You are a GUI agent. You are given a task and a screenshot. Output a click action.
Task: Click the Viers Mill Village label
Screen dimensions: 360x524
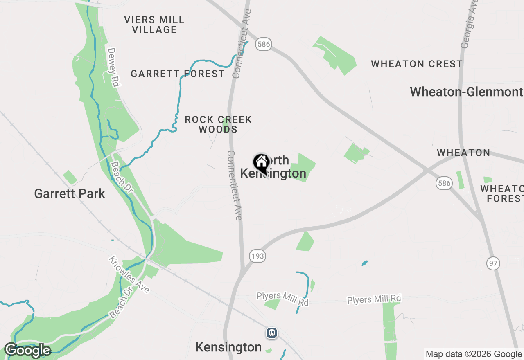coord(154,25)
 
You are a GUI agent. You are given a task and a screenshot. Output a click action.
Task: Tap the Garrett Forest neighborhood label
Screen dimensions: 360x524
coord(178,74)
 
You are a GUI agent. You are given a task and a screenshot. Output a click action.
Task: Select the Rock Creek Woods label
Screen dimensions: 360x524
coord(218,124)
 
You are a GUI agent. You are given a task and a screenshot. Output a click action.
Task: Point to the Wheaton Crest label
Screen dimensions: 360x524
coord(417,64)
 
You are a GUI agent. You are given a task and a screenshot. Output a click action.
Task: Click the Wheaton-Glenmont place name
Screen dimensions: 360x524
coord(466,92)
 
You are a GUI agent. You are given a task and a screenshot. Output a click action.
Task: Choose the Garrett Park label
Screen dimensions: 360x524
coord(70,193)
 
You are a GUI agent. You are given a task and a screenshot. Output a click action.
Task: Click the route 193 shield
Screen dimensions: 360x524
coord(257,256)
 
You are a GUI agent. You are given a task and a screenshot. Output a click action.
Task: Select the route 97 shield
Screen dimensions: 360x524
coord(493,263)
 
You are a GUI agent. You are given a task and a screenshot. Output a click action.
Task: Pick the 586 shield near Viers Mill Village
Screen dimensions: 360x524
coord(264,44)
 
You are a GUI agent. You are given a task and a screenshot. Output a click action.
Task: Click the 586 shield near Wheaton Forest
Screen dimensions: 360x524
coord(444,183)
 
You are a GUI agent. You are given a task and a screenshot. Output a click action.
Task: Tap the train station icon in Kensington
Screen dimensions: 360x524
coord(271,333)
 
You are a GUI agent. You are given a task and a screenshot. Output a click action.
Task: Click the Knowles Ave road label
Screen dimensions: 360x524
coord(129,275)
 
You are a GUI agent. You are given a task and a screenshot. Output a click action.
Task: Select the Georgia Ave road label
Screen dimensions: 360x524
coord(470,24)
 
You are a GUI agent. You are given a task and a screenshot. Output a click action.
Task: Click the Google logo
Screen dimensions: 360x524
coord(27,351)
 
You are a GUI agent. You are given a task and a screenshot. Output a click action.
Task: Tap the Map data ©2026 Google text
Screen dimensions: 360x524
coord(474,354)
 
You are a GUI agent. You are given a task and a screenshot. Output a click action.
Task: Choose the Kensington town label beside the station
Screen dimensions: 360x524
coord(228,347)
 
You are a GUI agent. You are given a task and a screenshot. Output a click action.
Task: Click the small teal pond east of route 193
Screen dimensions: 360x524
coord(365,263)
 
